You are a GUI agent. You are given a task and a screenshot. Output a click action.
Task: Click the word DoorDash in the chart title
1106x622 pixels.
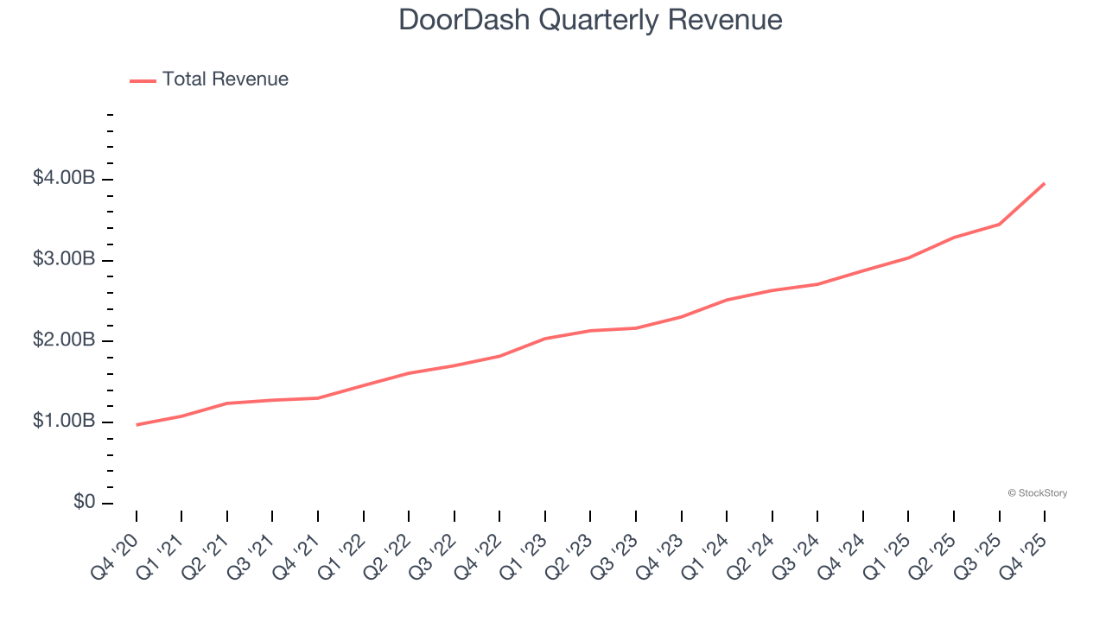(465, 19)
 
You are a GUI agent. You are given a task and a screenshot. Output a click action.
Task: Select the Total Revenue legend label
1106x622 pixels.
(225, 79)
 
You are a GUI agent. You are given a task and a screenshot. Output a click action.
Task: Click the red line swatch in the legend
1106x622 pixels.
(143, 80)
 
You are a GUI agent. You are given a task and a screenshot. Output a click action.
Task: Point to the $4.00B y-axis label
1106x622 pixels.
(64, 178)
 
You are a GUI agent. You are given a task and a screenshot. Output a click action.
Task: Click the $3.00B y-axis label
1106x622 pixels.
(64, 259)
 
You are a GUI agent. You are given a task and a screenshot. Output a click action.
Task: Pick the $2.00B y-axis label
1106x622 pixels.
(64, 340)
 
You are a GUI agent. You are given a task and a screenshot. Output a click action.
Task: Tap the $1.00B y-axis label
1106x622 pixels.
(64, 421)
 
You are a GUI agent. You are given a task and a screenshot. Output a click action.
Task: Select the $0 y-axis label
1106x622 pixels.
(84, 502)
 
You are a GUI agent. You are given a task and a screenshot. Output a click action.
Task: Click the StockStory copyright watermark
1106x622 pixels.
(1037, 493)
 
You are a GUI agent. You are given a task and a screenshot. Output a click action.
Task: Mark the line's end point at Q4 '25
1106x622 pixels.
(1045, 183)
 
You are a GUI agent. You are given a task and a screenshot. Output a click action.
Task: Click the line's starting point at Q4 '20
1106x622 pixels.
(137, 425)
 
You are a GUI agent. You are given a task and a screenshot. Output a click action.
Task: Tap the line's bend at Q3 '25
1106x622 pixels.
(1000, 224)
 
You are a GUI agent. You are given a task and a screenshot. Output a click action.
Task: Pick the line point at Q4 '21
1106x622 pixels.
(318, 398)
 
